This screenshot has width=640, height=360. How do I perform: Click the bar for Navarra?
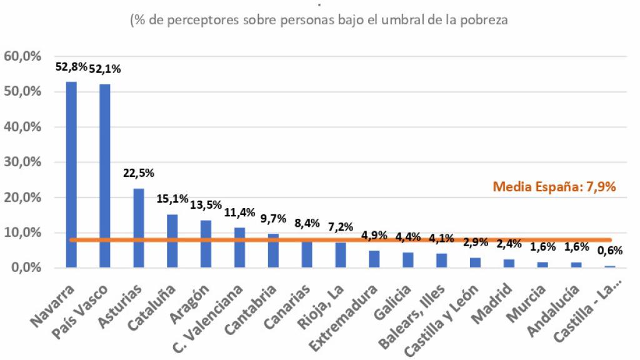[71, 175]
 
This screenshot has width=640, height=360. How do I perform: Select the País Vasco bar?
[105, 176]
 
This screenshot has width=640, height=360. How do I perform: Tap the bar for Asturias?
[139, 228]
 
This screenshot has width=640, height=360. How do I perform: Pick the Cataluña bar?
[172, 241]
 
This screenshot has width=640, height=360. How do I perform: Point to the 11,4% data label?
[240, 212]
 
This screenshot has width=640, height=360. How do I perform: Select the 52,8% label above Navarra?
[70, 67]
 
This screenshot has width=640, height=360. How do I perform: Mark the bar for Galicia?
[407, 260]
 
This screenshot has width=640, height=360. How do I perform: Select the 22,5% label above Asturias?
[139, 173]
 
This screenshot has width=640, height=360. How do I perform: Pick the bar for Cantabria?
[273, 251]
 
